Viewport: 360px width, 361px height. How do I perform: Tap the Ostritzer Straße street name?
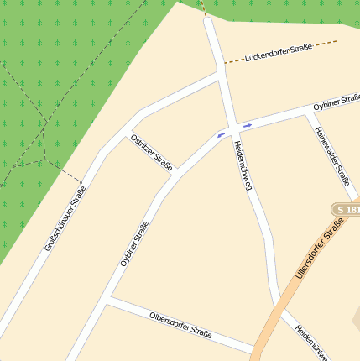152,152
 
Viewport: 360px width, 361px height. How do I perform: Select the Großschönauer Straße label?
66,219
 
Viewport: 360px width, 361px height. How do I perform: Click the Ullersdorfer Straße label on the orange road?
321,249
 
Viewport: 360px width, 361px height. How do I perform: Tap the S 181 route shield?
345,208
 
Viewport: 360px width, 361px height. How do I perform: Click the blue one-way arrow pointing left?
222,133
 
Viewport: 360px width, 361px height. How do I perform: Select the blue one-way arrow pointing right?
247,126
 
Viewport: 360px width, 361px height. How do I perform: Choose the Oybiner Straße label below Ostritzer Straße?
134,243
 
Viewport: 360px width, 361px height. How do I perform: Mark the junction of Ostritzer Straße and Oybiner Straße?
178,174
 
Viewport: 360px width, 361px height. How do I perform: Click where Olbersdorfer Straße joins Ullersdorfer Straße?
256,348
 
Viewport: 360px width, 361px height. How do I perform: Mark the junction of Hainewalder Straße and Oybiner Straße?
307,113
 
